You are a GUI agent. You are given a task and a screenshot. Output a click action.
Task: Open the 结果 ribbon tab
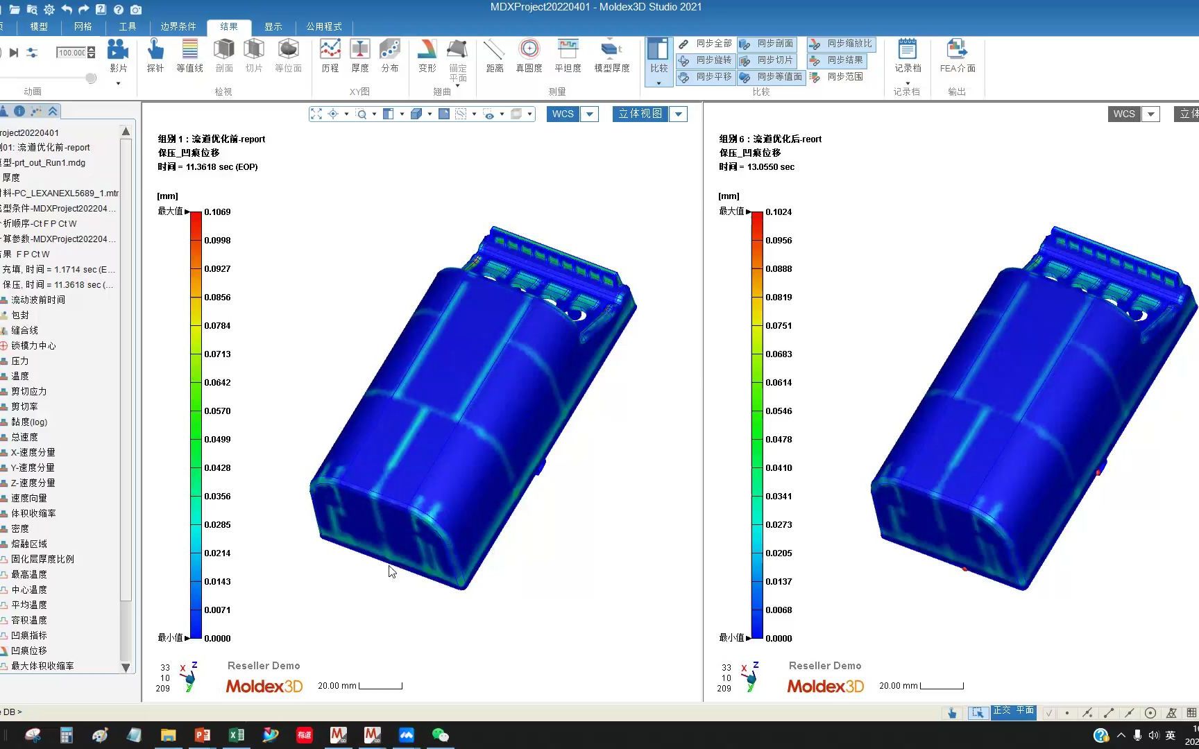pyautogui.click(x=229, y=26)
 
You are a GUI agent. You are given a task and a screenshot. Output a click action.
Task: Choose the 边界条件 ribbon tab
pyautogui.click(x=178, y=26)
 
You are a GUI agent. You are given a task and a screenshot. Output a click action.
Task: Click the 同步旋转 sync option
pyautogui.click(x=706, y=60)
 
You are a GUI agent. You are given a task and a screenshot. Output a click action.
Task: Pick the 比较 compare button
pyautogui.click(x=658, y=55)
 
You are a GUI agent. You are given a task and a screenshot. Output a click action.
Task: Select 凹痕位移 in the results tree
pyautogui.click(x=29, y=651)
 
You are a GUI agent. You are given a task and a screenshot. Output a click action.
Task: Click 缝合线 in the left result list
pyautogui.click(x=24, y=330)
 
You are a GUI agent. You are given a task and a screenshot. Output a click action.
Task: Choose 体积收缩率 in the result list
pyautogui.click(x=33, y=513)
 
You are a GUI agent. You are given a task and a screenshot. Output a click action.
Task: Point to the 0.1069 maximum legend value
pyautogui.click(x=217, y=212)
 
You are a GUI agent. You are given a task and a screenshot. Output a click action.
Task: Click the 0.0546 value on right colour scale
pyautogui.click(x=779, y=411)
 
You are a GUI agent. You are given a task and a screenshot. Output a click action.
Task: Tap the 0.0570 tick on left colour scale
pyautogui.click(x=217, y=411)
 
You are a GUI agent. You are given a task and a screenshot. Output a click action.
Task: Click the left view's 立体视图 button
pyautogui.click(x=640, y=114)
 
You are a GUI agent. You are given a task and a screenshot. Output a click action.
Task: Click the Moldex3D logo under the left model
pyautogui.click(x=264, y=686)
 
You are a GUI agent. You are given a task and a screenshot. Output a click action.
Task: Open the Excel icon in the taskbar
pyautogui.click(x=236, y=735)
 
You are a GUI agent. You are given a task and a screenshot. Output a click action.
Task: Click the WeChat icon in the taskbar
pyautogui.click(x=440, y=735)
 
